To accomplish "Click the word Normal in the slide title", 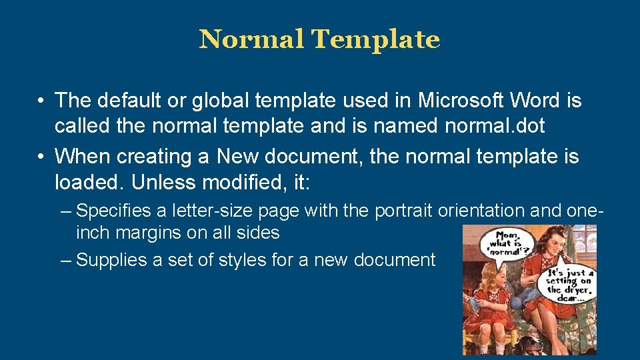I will click(252, 39).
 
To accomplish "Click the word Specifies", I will click(114, 211).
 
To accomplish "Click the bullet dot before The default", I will click(41, 101).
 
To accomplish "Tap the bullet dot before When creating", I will click(41, 157).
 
